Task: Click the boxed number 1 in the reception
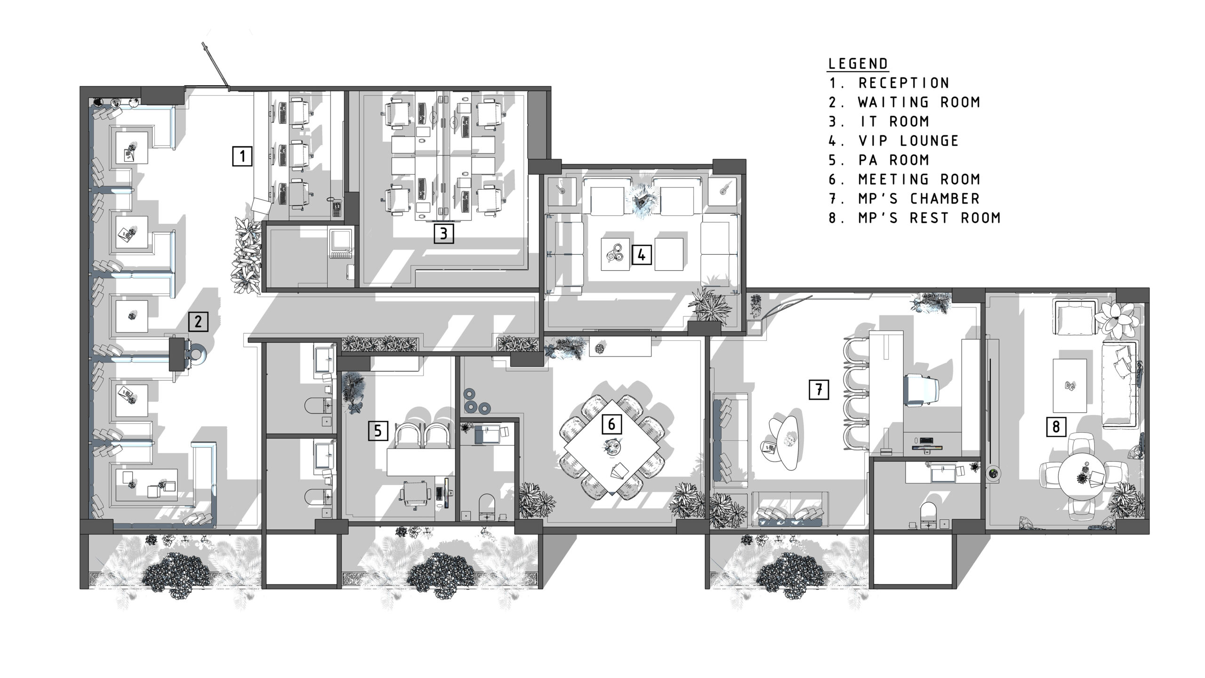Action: [x=242, y=156]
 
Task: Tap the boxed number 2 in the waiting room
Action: [x=198, y=321]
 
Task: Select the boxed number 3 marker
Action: [x=444, y=233]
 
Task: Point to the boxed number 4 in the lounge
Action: [x=642, y=255]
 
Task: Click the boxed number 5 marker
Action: [x=378, y=430]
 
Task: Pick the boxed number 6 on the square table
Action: [x=611, y=424]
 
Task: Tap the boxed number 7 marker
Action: [x=819, y=389]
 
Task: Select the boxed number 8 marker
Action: [x=1056, y=427]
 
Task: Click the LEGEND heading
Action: [x=858, y=63]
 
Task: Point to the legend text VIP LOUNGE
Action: [x=908, y=141]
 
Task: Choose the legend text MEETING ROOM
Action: [x=919, y=179]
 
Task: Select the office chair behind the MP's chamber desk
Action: [x=920, y=389]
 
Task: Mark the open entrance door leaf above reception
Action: [x=216, y=66]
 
